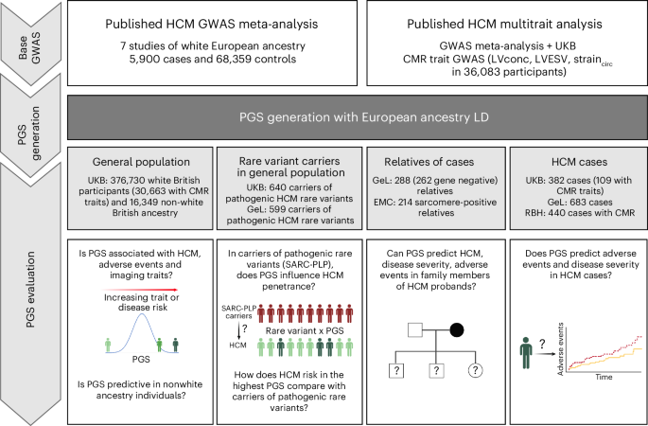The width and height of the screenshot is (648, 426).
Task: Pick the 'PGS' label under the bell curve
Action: point(140,361)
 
